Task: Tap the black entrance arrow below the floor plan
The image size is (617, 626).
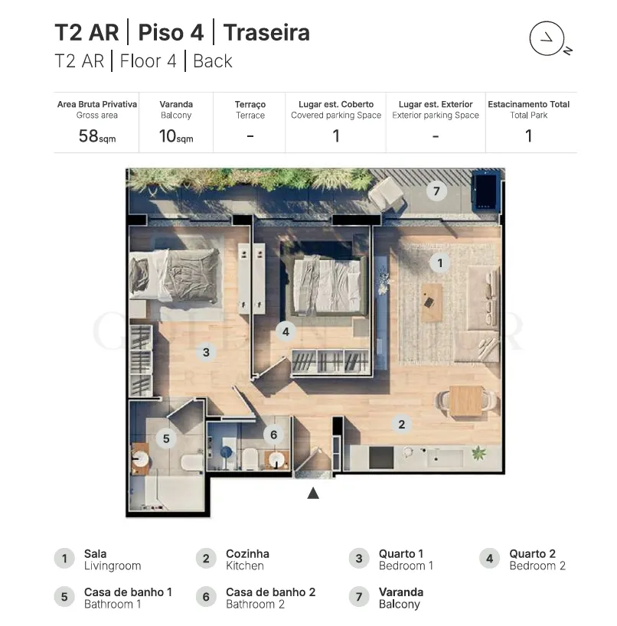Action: coord(313,494)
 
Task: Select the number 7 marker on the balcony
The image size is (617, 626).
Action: coord(436,191)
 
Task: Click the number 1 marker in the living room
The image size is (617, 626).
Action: coord(439,263)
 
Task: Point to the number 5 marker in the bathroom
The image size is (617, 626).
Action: coord(166,439)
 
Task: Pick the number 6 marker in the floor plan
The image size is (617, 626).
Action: coord(273,435)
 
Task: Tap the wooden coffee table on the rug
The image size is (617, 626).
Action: coord(431,302)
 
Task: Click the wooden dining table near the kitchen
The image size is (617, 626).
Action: coord(465,400)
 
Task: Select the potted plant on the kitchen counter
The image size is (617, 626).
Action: coord(478,454)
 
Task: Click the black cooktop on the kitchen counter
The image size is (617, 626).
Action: coord(381,458)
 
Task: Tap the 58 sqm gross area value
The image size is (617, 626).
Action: coord(97,136)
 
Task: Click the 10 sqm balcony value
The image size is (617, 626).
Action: coord(176,136)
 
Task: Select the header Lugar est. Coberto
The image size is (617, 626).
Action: coord(336,104)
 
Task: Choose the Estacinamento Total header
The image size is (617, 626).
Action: coord(528,104)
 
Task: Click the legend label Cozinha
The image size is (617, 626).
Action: coord(247,554)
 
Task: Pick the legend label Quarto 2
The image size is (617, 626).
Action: coord(532,554)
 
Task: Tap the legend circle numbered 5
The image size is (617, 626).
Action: coord(64,597)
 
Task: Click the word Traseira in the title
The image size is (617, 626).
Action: coord(266,32)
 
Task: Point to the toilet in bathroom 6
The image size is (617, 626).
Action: coord(250,458)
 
